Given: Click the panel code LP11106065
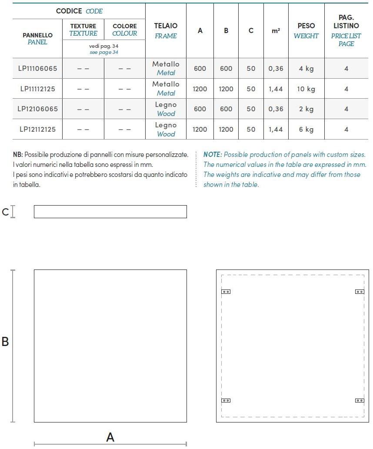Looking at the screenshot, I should coord(37,69).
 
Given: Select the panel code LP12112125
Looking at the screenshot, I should coord(37,130).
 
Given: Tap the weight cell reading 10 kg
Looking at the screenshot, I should coord(306,89).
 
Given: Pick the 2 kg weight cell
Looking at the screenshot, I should coord(306,109).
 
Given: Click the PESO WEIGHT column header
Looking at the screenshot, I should coord(306,31).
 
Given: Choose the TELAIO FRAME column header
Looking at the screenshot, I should coord(166,31).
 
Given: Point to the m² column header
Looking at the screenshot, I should coord(276,31).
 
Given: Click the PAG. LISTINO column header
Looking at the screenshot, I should coord(346,30).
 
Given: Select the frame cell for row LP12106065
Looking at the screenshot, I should coord(166,109).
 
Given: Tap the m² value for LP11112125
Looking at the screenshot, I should coord(276,89).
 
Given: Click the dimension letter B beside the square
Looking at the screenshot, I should coord(5,342).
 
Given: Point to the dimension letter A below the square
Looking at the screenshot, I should coord(110,437).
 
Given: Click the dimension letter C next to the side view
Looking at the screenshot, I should coord(5,212).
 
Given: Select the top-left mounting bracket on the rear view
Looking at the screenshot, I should coord(226,292).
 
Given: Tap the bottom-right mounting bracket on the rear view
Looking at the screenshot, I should coord(360,400).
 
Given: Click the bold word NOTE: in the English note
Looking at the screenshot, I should coord(213,155).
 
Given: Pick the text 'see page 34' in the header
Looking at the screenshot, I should coord(103,52).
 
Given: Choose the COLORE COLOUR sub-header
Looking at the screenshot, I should coord(125,30).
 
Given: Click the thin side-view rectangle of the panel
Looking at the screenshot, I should coord(110,212).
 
